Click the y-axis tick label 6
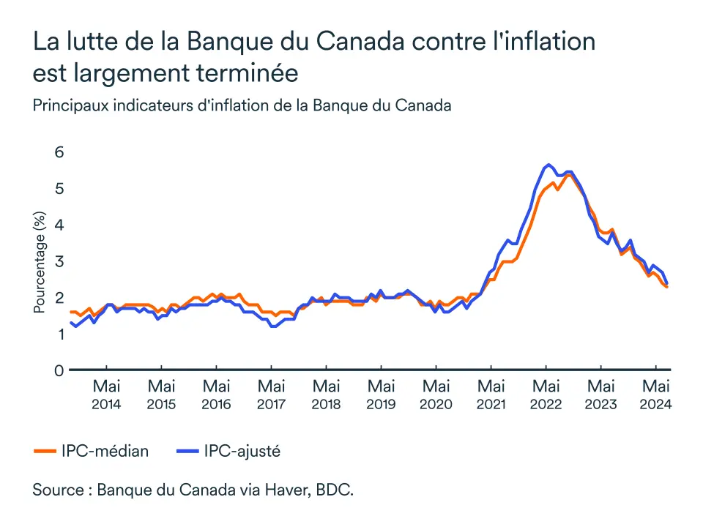pyautogui.click(x=59, y=152)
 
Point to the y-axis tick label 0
pyautogui.click(x=59, y=370)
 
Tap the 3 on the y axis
pyautogui.click(x=59, y=261)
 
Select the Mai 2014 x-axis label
pyautogui.click(x=106, y=394)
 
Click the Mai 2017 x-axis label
pyautogui.click(x=271, y=394)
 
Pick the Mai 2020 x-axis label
pyautogui.click(x=436, y=394)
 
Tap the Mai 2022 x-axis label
pyautogui.click(x=546, y=394)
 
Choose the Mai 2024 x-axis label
pyautogui.click(x=656, y=394)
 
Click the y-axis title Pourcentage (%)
pyautogui.click(x=40, y=262)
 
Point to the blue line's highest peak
pyautogui.click(x=548, y=165)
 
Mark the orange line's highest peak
pyautogui.click(x=568, y=175)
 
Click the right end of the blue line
pyautogui.click(x=666, y=283)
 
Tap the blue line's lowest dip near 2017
pyautogui.click(x=273, y=326)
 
